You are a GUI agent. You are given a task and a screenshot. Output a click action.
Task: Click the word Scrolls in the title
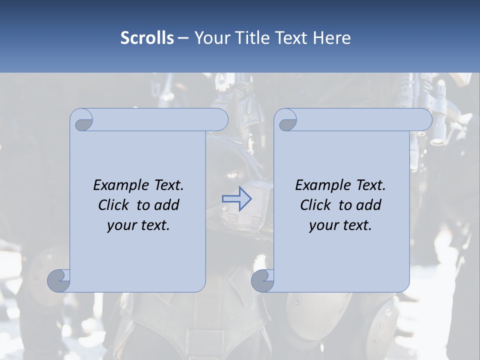click(x=147, y=37)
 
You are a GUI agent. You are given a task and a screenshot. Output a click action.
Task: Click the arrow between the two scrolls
click(x=236, y=199)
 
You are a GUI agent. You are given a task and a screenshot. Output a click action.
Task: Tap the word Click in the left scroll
click(x=114, y=205)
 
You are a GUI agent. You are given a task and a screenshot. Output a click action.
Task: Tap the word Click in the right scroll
click(x=316, y=205)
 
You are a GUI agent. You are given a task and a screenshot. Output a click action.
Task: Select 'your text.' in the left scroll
click(x=138, y=225)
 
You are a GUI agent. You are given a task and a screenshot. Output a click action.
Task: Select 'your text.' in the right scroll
click(x=340, y=225)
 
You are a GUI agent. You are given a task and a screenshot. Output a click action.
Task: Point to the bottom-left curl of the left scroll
click(x=59, y=280)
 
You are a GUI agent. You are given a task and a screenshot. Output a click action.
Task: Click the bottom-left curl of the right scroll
click(x=262, y=280)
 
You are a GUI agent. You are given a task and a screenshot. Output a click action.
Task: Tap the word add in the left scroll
click(x=166, y=205)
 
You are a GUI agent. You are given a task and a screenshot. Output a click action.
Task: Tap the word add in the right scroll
click(x=368, y=205)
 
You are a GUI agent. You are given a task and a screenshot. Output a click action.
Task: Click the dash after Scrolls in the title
click(x=182, y=37)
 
